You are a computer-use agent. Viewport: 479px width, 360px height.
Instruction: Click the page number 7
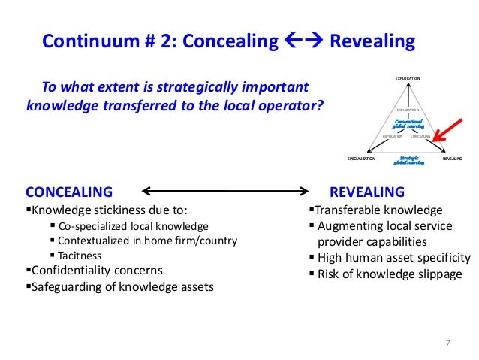point(447,343)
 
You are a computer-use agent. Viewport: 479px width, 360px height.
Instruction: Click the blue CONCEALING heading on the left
point(69,192)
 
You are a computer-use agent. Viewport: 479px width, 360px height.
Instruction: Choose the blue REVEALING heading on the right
point(367,192)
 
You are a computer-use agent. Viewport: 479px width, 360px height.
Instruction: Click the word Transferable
point(351,210)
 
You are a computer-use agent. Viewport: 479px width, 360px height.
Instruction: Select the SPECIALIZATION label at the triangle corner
point(361,159)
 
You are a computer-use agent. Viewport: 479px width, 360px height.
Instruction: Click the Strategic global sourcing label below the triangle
point(410,160)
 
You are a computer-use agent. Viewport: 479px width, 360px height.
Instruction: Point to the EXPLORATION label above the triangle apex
point(408,78)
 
